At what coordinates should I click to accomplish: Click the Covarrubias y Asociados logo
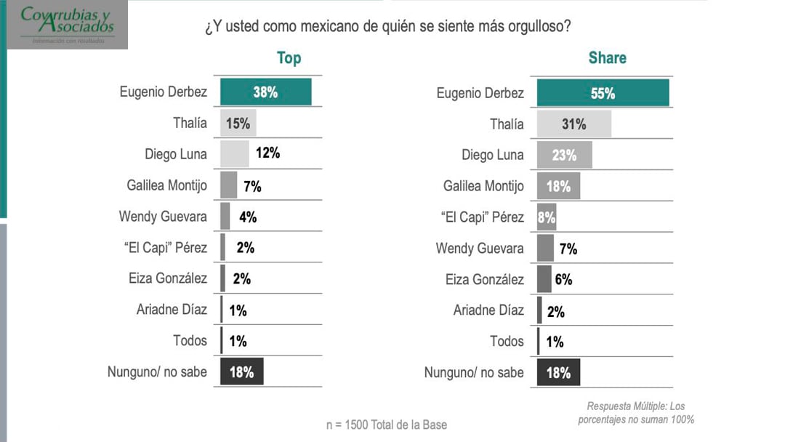pyautogui.click(x=68, y=23)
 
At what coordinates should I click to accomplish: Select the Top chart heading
pyautogui.click(x=289, y=58)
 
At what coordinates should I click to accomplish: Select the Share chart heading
pyautogui.click(x=607, y=58)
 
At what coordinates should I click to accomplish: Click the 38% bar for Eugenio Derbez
pyautogui.click(x=265, y=92)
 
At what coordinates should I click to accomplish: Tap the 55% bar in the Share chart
pyautogui.click(x=603, y=93)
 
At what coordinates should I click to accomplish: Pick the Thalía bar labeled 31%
pyautogui.click(x=573, y=124)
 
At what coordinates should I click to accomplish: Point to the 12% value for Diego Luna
pyautogui.click(x=267, y=153)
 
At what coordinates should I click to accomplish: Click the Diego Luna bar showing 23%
pyautogui.click(x=564, y=155)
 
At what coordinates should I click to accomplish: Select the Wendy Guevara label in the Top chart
pyautogui.click(x=163, y=217)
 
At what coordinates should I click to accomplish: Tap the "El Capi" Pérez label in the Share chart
pyautogui.click(x=481, y=217)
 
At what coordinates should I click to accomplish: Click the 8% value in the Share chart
pyautogui.click(x=546, y=217)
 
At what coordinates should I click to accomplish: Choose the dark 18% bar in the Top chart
pyautogui.click(x=241, y=371)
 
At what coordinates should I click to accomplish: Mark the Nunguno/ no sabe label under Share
pyautogui.click(x=474, y=372)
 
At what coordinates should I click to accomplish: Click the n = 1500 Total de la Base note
pyautogui.click(x=386, y=425)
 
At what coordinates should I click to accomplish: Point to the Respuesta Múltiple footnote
pyautogui.click(x=636, y=413)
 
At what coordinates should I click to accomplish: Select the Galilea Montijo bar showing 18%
pyautogui.click(x=558, y=186)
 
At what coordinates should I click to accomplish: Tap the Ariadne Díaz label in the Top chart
pyautogui.click(x=172, y=310)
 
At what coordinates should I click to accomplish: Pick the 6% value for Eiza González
pyautogui.click(x=563, y=280)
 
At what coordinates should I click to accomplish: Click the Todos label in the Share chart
pyautogui.click(x=507, y=341)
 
